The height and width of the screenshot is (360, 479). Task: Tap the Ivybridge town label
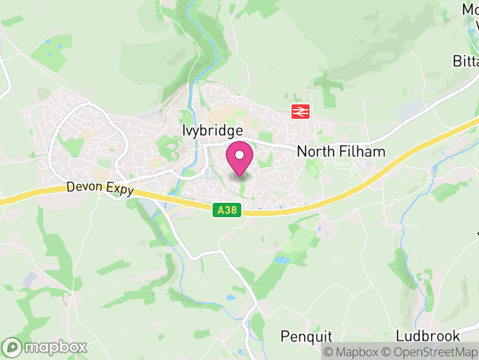[213, 131]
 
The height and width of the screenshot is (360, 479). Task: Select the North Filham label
[341, 152]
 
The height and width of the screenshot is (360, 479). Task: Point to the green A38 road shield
[227, 209]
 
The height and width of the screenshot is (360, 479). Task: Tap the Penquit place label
[307, 335]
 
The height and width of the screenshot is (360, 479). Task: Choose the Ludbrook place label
[428, 335]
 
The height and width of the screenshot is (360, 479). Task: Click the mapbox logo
[45, 347]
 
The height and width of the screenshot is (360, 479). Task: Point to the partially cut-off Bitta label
[466, 62]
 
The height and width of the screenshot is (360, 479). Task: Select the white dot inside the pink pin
[239, 155]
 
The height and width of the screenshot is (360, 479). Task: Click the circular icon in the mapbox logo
[13, 347]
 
